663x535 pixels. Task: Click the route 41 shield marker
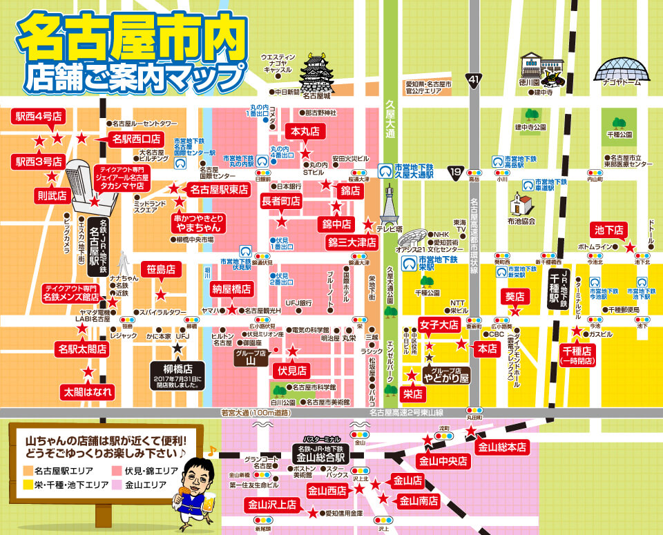click(x=472, y=81)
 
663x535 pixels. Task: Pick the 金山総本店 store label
click(x=502, y=447)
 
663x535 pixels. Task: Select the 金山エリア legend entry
click(x=142, y=485)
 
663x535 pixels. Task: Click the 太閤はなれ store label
click(x=88, y=392)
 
